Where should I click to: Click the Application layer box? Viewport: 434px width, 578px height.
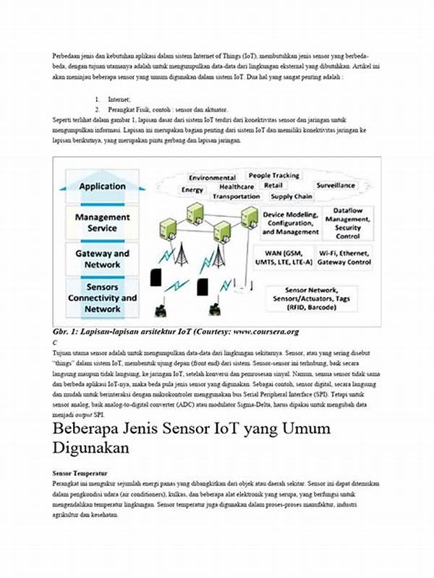[x=102, y=186]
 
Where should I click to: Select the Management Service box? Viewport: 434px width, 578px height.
[x=102, y=223]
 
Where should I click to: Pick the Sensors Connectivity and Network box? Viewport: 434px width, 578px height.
[x=102, y=298]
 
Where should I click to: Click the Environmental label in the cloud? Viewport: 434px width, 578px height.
[x=212, y=178]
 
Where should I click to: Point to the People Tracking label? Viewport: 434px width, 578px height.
[x=274, y=176]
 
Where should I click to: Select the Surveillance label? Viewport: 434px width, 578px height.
[x=336, y=185]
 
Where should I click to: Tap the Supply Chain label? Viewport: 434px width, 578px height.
[x=292, y=197]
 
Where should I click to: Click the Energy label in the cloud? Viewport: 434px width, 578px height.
[x=192, y=190]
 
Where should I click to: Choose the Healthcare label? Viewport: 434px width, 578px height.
[x=237, y=186]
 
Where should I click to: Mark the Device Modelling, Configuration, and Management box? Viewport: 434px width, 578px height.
[x=290, y=223]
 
